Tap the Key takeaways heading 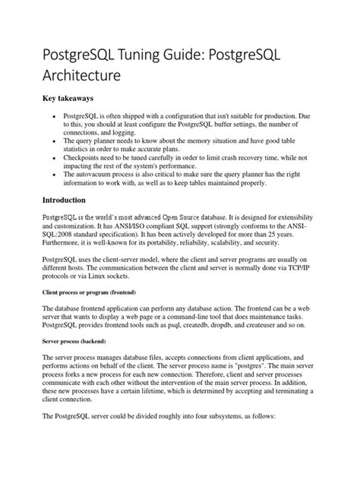point(71,99)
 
